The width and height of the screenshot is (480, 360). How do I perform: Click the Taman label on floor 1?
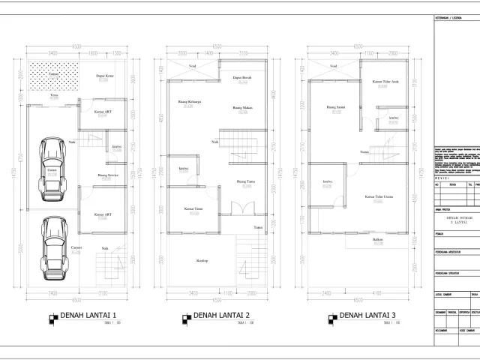pos(53,75)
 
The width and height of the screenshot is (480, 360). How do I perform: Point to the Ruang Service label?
pos(109,175)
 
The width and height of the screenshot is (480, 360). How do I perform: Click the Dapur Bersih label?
pos(241,77)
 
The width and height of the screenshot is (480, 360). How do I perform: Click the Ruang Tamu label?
pos(245,181)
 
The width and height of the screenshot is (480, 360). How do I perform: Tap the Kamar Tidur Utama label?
pos(380,197)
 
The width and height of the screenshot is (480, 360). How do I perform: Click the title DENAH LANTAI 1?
pos(88,314)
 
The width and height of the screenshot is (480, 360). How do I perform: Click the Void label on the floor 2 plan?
pos(193,67)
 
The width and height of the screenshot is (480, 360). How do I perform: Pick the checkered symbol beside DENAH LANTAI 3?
pos(331,318)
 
